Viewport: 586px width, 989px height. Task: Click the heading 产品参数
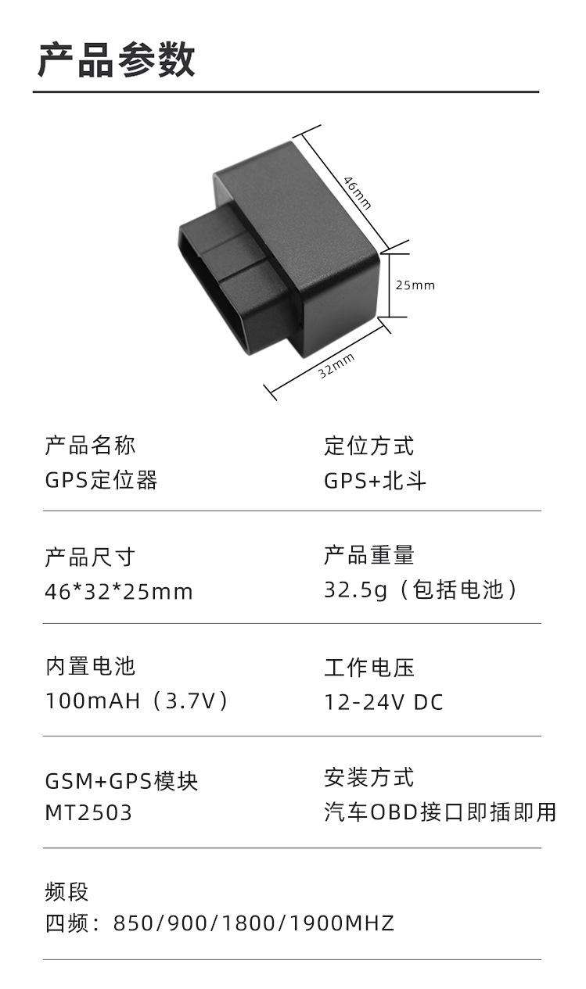point(116,59)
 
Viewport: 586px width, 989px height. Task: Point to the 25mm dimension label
point(415,285)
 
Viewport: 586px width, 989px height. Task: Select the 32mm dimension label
point(336,365)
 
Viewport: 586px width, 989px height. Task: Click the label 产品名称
point(90,446)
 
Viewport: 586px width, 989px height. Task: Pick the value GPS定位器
point(101,480)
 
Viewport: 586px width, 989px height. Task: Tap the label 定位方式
point(369,446)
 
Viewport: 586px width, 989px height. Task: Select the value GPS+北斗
point(376,481)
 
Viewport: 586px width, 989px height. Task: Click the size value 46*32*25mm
point(118,592)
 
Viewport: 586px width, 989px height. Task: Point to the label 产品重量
point(369,556)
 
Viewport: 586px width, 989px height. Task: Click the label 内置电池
point(90,667)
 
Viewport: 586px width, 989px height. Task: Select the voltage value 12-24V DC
point(383,702)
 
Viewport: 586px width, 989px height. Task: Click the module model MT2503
point(88,813)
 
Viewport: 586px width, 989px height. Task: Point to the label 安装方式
point(369,778)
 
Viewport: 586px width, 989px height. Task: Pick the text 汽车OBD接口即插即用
point(440,812)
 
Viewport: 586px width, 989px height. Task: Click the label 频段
point(67,891)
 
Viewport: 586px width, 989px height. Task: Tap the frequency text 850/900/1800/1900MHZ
point(253,924)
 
